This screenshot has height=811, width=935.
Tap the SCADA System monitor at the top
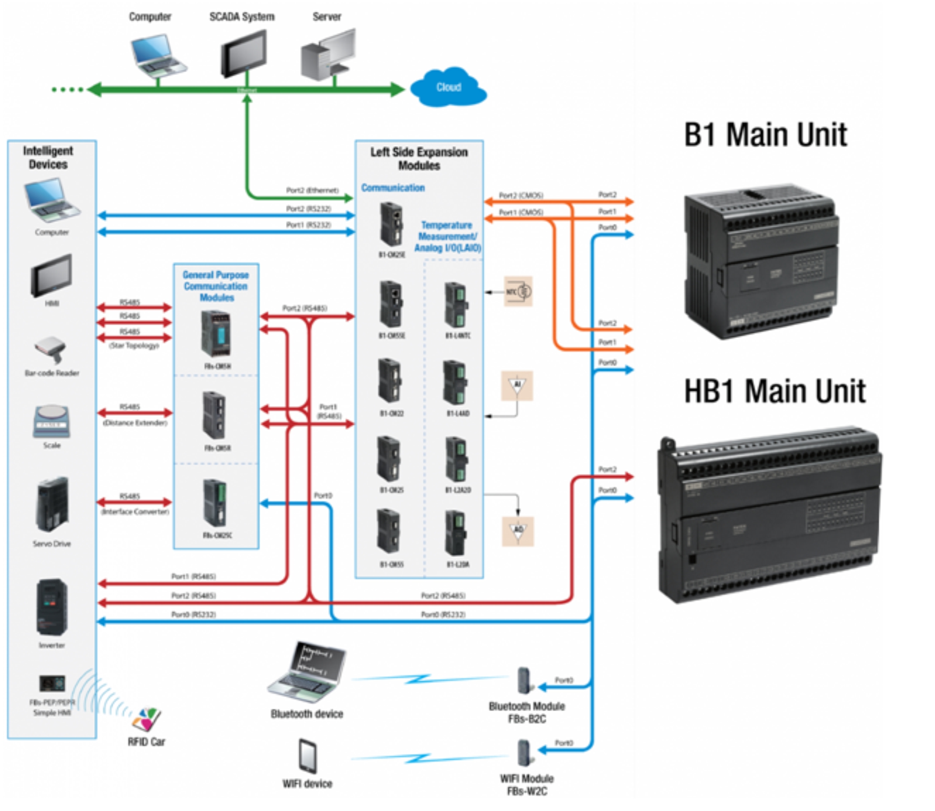tap(244, 54)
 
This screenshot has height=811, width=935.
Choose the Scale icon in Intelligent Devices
tap(51, 421)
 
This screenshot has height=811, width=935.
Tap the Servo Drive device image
tap(52, 504)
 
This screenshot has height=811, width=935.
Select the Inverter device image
tap(52, 607)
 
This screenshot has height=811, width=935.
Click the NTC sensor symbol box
tap(518, 292)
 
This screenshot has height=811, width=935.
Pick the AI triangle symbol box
tap(517, 386)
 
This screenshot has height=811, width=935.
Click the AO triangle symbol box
tap(518, 531)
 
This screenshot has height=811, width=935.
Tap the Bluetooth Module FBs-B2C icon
tap(524, 681)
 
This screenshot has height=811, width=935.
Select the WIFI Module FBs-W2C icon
tap(524, 753)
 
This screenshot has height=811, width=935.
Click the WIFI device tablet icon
tap(308, 756)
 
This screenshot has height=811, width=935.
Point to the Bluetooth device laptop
tap(307, 672)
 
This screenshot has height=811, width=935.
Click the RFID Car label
tap(146, 742)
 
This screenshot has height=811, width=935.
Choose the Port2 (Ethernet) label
tap(312, 190)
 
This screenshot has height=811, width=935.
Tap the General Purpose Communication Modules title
tap(215, 286)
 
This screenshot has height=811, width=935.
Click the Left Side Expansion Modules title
tap(419, 158)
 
